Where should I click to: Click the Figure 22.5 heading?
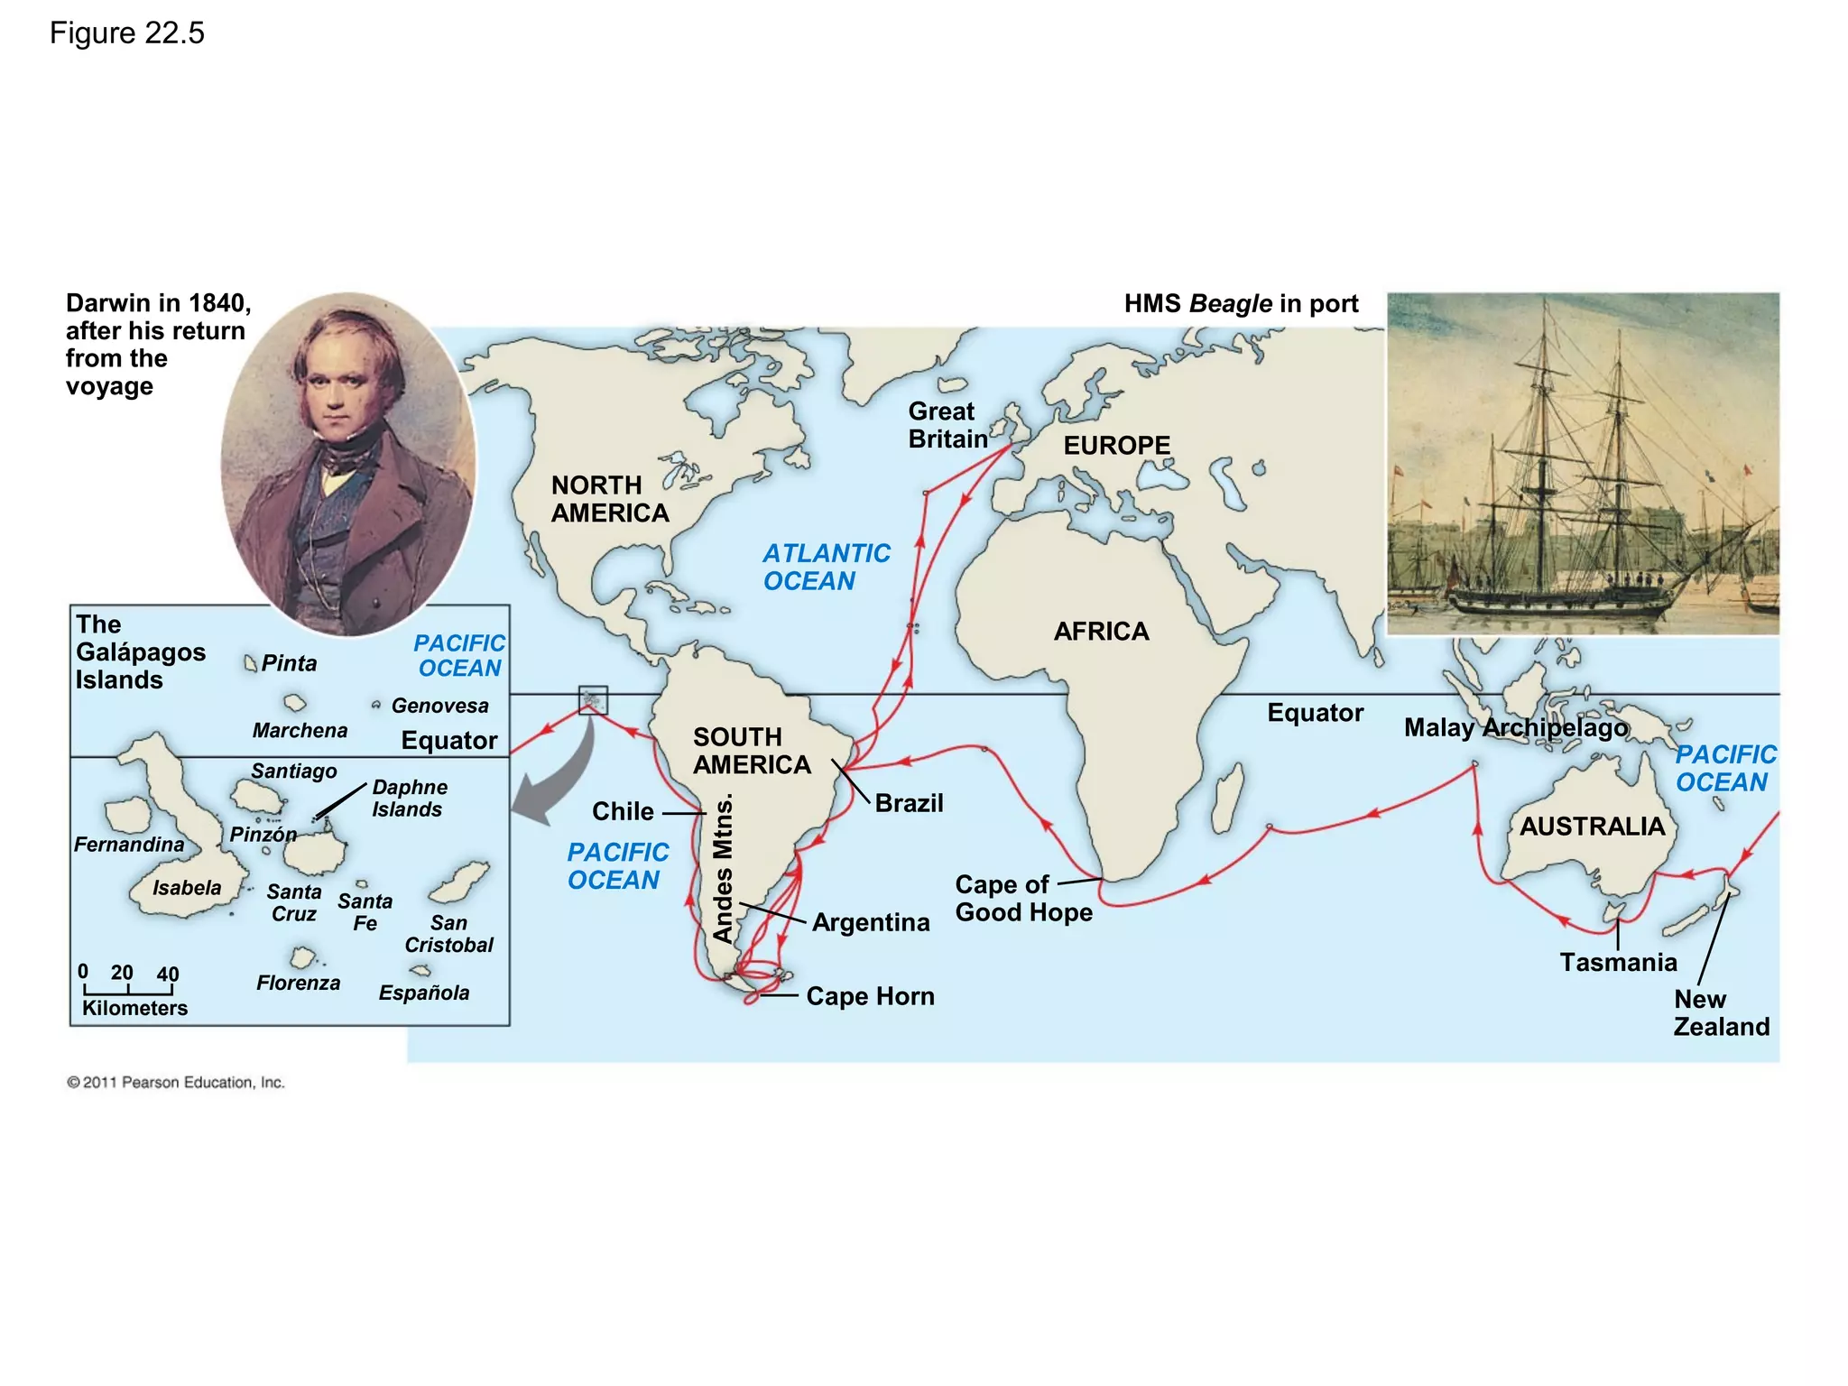(127, 33)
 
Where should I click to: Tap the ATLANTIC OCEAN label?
(826, 567)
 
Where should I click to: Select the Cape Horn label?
(870, 996)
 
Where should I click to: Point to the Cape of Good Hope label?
(1023, 898)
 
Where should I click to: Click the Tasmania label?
(1618, 962)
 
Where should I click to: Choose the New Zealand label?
(1721, 1012)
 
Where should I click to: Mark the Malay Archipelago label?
(1516, 727)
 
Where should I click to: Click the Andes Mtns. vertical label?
(724, 868)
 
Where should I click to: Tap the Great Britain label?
(947, 425)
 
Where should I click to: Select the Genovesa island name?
(439, 706)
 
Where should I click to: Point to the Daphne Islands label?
(409, 799)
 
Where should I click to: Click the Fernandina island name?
(129, 845)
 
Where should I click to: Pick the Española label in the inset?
(424, 993)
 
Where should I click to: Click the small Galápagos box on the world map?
(593, 700)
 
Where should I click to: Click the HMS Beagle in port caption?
(1241, 304)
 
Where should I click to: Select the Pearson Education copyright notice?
(176, 1083)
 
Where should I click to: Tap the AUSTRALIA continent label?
(1592, 827)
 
